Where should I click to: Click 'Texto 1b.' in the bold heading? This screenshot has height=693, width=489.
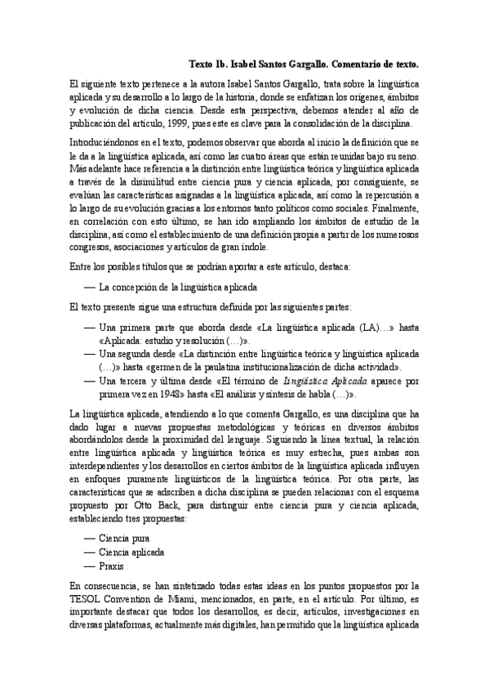click(207, 64)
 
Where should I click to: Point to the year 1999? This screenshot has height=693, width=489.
click(211, 124)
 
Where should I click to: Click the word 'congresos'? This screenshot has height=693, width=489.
click(91, 248)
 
